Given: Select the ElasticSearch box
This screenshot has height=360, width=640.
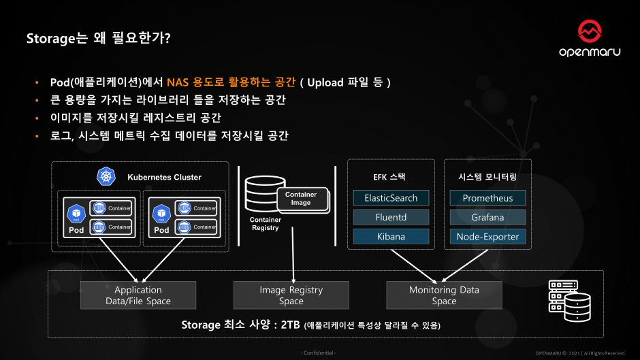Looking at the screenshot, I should tap(391, 198).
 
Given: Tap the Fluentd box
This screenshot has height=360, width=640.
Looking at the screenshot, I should tap(391, 217).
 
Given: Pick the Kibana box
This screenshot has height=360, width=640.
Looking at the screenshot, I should tap(391, 237).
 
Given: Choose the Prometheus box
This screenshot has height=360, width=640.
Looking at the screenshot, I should tap(487, 198).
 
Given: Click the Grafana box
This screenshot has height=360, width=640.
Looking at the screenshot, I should tap(487, 217).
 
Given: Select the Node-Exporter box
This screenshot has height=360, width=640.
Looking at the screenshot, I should tap(487, 237).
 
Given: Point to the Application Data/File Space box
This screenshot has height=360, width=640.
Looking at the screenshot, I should tap(138, 295).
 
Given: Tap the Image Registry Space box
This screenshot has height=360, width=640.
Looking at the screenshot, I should tap(291, 295).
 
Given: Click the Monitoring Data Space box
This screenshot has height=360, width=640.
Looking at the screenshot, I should tap(444, 295).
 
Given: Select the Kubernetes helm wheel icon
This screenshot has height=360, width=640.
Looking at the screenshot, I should tap(106, 177).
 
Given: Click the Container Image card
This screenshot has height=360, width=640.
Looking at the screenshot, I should tap(301, 199).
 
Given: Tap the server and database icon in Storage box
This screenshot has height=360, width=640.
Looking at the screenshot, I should tap(568, 300).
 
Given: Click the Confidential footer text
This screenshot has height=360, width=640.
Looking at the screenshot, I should tap(319, 353).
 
